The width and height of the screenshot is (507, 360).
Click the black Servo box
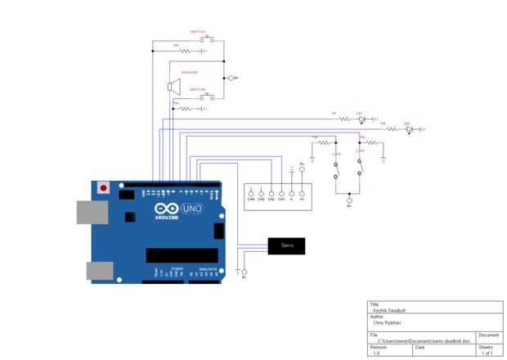tap(286, 245)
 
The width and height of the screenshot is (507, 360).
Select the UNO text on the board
tap(191, 209)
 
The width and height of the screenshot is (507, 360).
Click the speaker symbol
tap(173, 86)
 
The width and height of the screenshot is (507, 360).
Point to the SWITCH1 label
tap(199, 32)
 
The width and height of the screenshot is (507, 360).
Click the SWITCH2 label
tap(198, 89)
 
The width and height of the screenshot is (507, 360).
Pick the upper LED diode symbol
tap(361, 119)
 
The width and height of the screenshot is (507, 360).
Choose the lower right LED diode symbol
tap(409, 129)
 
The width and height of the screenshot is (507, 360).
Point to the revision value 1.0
tap(376, 353)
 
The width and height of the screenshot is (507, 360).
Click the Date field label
tap(420, 346)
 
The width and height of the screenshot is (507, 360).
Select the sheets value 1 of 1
tap(488, 353)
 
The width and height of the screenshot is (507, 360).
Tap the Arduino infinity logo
tap(166, 209)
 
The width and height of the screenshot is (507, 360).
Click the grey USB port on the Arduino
tap(91, 212)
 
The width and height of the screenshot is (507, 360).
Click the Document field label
tap(488, 335)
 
